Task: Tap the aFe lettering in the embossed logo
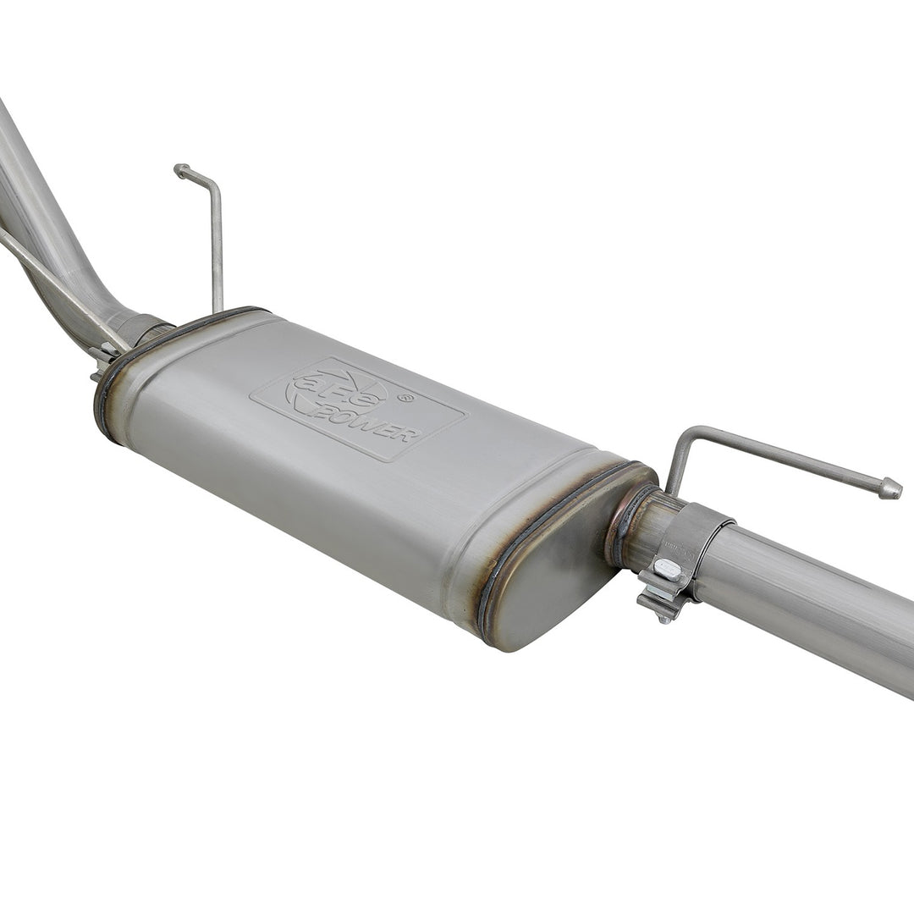tap(337, 391)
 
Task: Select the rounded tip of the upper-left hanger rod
tap(180, 170)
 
